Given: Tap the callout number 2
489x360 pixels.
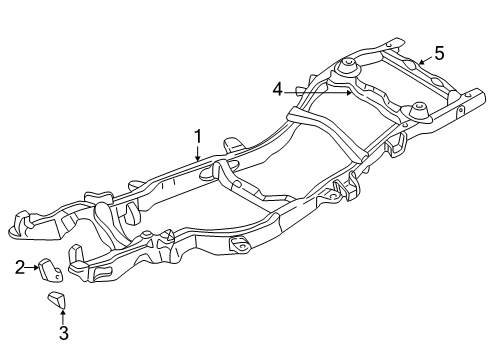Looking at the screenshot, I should click(x=19, y=266).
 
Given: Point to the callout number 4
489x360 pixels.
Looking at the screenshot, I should click(x=277, y=89).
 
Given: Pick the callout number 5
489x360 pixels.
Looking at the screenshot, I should click(x=438, y=52).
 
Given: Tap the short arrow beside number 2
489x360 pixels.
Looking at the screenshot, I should click(x=32, y=266).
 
